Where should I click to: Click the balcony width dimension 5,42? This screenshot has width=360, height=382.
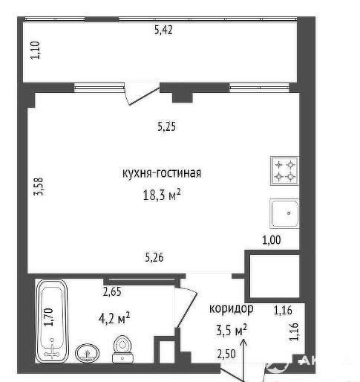point(163,30)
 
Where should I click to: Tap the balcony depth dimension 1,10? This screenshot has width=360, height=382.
point(36,50)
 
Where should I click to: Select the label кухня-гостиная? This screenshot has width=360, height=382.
point(162,173)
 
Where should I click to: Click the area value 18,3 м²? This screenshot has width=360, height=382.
point(162,194)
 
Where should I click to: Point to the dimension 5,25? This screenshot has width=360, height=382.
point(166,126)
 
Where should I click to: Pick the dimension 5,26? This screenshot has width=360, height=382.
point(154,257)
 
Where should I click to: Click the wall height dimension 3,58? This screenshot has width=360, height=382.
point(39,187)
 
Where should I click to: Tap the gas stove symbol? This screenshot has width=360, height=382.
point(284,171)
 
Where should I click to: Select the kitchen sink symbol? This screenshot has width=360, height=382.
point(284,213)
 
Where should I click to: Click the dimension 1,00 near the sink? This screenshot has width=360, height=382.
point(272,240)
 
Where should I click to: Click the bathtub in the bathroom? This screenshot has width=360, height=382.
point(52,321)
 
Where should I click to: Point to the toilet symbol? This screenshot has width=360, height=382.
point(122,349)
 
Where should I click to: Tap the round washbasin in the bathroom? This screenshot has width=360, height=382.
point(87,353)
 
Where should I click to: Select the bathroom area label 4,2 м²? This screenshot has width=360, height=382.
point(114,318)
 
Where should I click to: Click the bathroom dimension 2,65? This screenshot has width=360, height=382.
point(112,291)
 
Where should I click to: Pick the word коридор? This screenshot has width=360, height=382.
point(232,309)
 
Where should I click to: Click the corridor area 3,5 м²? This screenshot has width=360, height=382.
point(232,330)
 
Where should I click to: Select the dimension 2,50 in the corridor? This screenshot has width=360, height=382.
point(226,354)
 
